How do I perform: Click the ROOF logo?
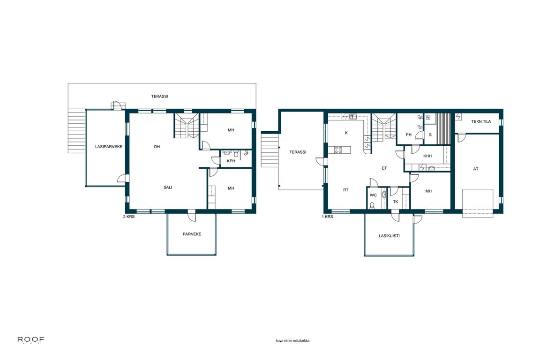tap(31, 340)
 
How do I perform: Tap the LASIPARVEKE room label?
tap(108, 147)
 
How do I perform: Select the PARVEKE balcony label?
tap(192, 234)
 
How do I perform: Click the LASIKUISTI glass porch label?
tap(389, 236)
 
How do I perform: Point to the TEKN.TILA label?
tap(481, 121)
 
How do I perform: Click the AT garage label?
tap(476, 169)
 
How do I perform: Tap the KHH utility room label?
tap(427, 156)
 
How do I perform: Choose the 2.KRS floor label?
tap(129, 217)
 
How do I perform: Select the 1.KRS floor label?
tap(327, 217)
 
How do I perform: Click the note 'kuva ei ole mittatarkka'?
tap(292, 341)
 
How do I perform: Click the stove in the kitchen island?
tap(338, 150)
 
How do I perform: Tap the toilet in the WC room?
tap(372, 206)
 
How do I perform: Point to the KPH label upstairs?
tap(231, 161)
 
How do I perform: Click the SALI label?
tap(168, 187)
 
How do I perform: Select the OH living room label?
tap(157, 147)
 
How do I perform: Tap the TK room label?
tap(395, 202)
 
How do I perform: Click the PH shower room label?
tap(408, 135)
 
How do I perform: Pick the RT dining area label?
tap(346, 190)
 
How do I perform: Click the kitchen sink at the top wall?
tap(353, 117)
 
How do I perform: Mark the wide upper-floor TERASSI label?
tap(159, 97)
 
